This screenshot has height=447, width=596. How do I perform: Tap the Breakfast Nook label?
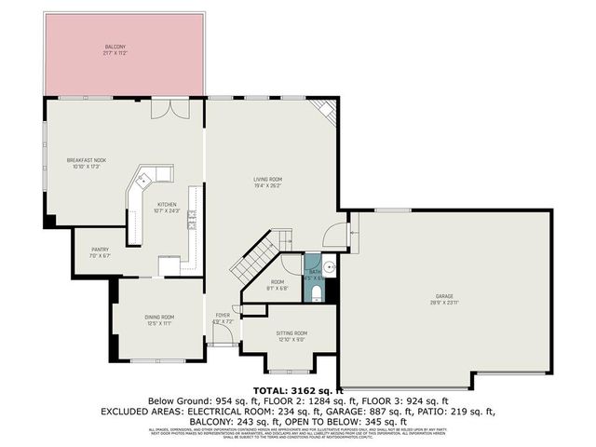[x=86, y=163]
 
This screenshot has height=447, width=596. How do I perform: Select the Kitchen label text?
[x=167, y=207]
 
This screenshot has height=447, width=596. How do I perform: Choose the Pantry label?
[x=100, y=251]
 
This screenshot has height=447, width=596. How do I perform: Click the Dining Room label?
[x=159, y=319]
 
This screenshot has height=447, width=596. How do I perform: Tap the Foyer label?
[x=223, y=318]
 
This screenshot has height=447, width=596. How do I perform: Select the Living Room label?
[x=268, y=182]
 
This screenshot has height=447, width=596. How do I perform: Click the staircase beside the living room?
[x=251, y=261]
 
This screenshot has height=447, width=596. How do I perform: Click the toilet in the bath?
[x=317, y=295]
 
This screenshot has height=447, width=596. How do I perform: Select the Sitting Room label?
[x=291, y=335]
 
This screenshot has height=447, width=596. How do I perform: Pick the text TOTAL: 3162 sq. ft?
[x=298, y=389]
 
